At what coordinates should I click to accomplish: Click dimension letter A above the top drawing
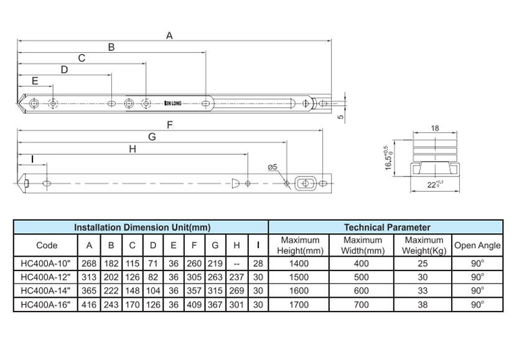coord(169,35)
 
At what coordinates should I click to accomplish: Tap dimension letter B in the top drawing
coord(111,47)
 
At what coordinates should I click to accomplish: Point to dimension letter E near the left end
coord(34,81)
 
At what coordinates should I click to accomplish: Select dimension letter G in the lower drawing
coord(152,137)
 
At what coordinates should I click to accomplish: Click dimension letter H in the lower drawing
coord(131,149)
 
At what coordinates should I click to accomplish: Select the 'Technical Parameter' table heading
coord(386,228)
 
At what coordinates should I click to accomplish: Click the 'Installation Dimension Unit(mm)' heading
coord(141,228)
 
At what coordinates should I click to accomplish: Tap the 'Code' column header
coord(47,245)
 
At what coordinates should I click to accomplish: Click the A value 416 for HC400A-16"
coord(90,305)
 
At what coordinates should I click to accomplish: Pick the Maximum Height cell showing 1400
coord(300,263)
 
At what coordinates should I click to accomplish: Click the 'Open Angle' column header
coord(477,245)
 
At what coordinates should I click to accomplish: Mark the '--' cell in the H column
coord(236,263)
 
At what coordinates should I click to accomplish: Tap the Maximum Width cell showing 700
coord(362,305)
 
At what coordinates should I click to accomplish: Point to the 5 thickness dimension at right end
coord(340,116)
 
